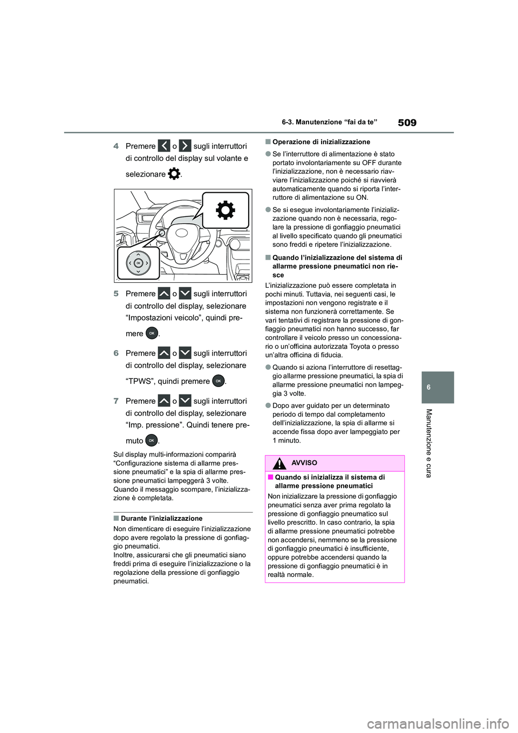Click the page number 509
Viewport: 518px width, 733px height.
pyautogui.click(x=407, y=123)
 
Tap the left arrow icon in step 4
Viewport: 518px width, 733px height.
pyautogui.click(x=164, y=146)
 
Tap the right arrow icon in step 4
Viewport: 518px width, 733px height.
pyautogui.click(x=185, y=146)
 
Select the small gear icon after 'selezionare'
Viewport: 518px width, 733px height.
pyautogui.click(x=174, y=174)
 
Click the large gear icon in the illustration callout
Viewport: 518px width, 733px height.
pyautogui.click(x=225, y=210)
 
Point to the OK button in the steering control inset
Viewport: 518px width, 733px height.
pyautogui.click(x=139, y=262)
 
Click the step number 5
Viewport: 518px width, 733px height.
pyautogui.click(x=116, y=294)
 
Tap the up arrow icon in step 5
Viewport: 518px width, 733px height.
pyautogui.click(x=164, y=294)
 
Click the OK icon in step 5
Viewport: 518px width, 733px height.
pyautogui.click(x=152, y=333)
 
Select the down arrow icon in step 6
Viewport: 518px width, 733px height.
pyautogui.click(x=185, y=354)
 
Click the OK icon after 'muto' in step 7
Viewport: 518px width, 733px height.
pyautogui.click(x=152, y=440)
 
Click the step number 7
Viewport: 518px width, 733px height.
pyautogui.click(x=116, y=401)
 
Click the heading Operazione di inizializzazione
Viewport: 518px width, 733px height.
pyautogui.click(x=321, y=142)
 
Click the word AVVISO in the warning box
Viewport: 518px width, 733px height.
pyautogui.click(x=304, y=463)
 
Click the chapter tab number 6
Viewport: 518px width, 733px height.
pyautogui.click(x=438, y=388)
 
